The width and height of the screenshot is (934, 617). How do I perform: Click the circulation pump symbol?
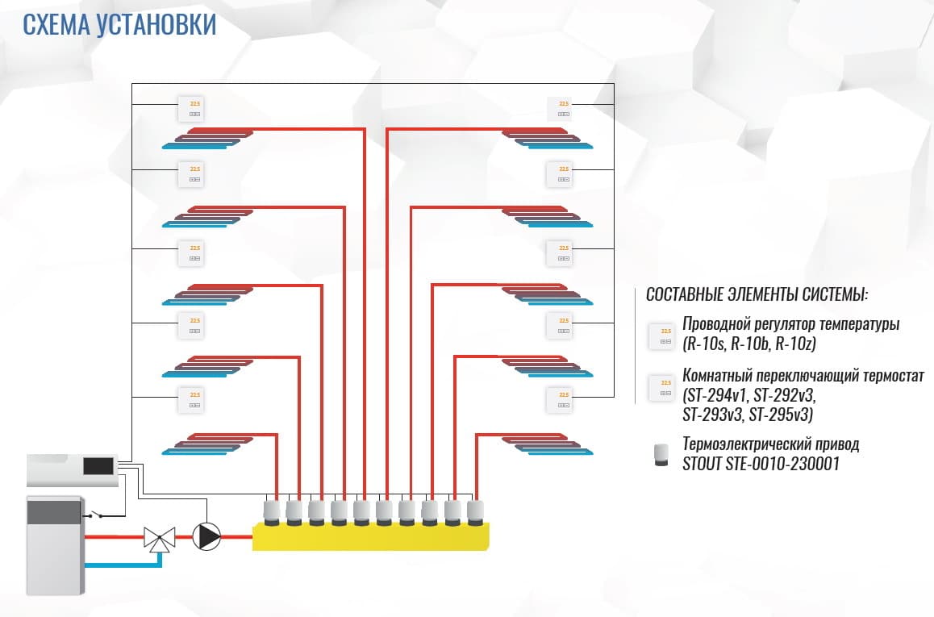pyautogui.click(x=206, y=536)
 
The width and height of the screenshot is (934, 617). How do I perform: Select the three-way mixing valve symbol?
pyautogui.click(x=159, y=538)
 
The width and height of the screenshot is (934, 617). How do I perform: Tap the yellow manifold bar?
pyautogui.click(x=371, y=536)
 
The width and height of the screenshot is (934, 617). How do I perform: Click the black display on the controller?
pyautogui.click(x=97, y=465)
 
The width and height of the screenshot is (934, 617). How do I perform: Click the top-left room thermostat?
pyautogui.click(x=194, y=108)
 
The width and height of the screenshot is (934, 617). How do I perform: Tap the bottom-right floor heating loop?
pyautogui.click(x=547, y=444)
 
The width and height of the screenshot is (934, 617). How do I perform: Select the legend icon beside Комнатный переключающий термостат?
pyautogui.click(x=661, y=387)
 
